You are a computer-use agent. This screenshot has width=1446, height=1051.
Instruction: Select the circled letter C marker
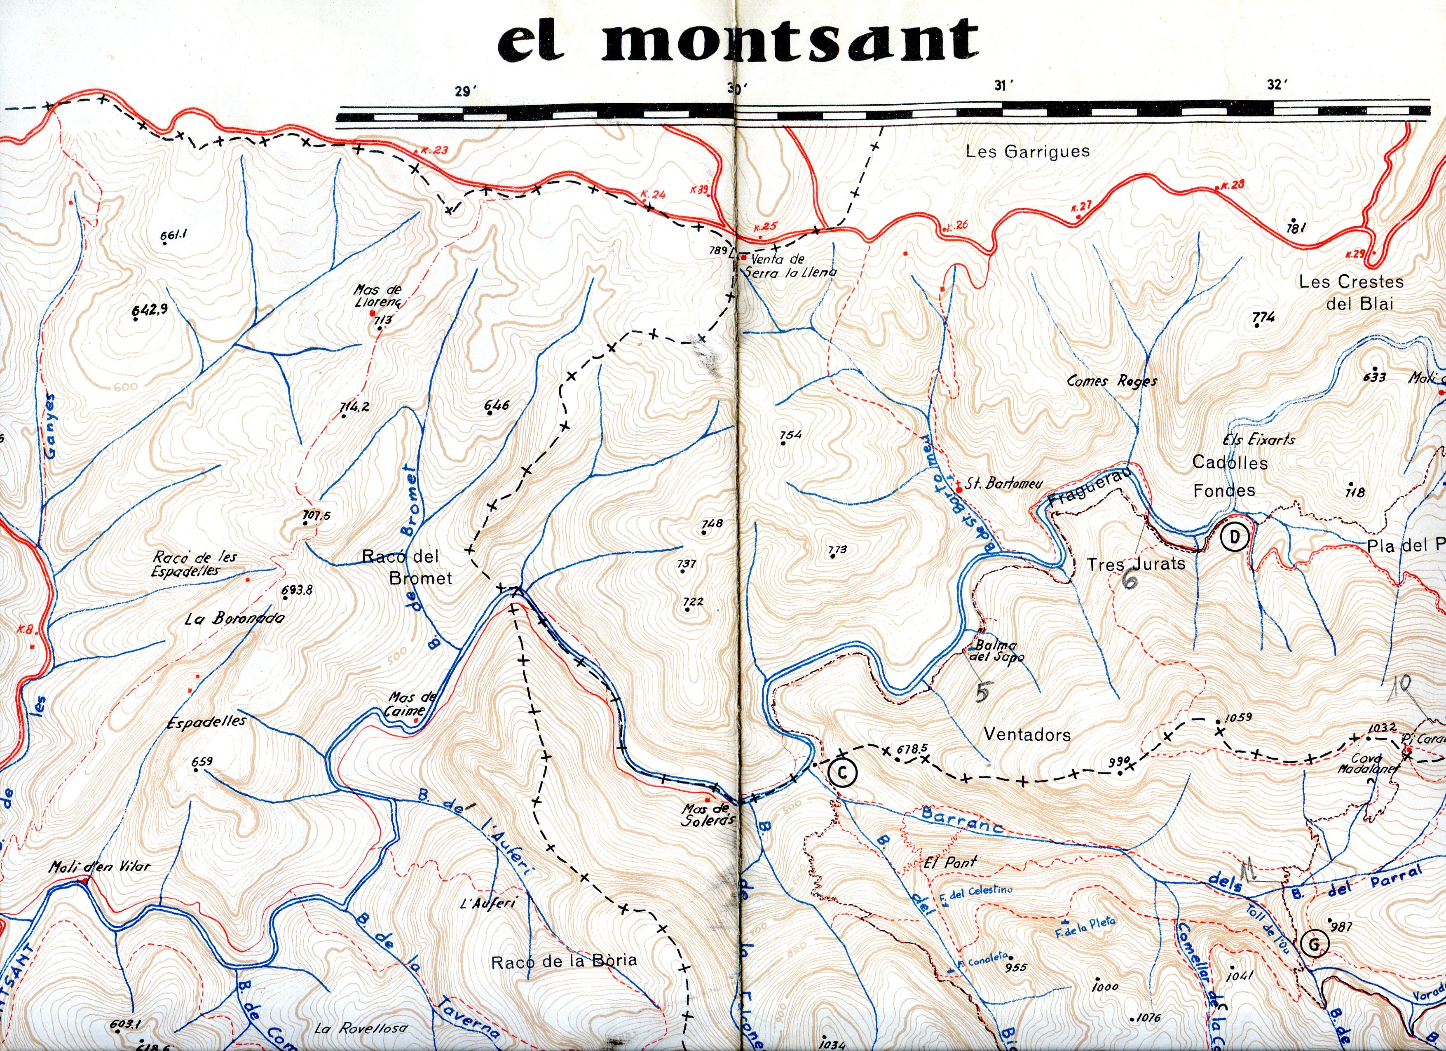[842, 773]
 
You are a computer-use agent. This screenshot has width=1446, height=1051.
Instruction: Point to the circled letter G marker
[1314, 944]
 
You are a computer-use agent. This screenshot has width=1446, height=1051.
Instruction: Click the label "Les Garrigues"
[1027, 152]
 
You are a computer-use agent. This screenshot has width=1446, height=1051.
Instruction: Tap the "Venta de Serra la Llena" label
[789, 266]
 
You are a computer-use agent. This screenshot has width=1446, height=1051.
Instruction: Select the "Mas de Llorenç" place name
[377, 296]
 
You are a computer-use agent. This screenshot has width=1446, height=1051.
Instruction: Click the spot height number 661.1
[173, 235]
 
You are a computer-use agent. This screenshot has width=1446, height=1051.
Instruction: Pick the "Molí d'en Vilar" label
[99, 867]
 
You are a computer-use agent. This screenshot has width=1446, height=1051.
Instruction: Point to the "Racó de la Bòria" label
[564, 961]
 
